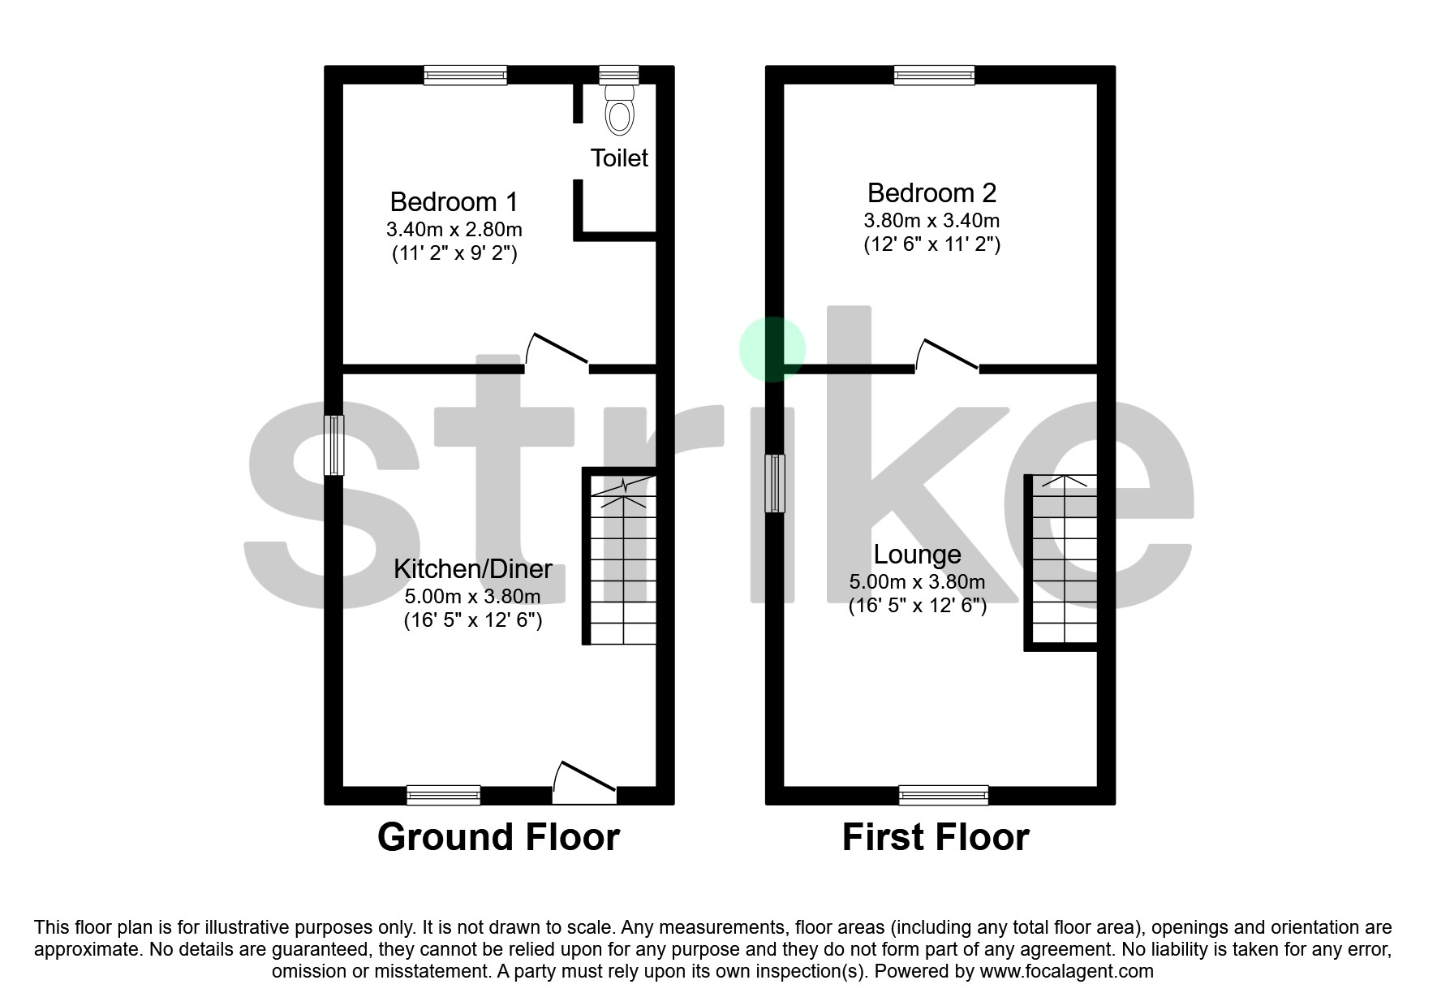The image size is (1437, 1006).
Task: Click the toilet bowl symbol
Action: tap(619, 111)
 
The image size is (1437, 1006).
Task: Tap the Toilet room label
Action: tap(619, 158)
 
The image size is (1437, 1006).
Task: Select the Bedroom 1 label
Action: tap(454, 201)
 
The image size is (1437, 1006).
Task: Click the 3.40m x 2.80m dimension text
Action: tap(454, 229)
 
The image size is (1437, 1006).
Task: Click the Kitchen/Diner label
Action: tap(473, 568)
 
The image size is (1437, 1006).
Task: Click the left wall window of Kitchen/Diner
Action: tap(334, 445)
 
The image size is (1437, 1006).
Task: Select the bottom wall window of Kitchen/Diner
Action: tap(444, 795)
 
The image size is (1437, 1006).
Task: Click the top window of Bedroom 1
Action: tap(466, 76)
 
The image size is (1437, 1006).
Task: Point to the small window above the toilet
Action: tap(619, 76)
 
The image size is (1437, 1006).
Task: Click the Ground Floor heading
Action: tap(498, 837)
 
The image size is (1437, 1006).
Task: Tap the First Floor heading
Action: tap(936, 837)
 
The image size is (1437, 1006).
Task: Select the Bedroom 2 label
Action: tap(931, 193)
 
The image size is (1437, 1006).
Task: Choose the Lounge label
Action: tap(917, 555)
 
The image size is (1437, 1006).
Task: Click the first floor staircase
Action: tap(1064, 560)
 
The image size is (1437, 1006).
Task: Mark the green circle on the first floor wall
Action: tap(772, 349)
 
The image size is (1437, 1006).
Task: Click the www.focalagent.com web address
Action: tap(1066, 971)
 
